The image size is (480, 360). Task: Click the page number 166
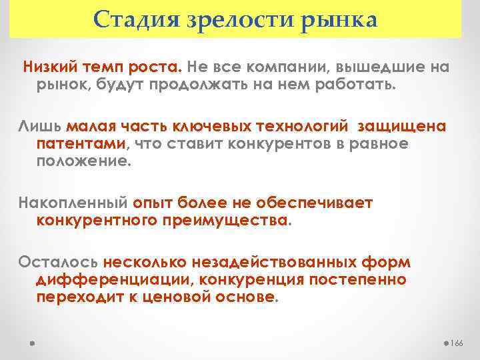[x=457, y=343]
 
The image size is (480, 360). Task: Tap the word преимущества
[x=223, y=221]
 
